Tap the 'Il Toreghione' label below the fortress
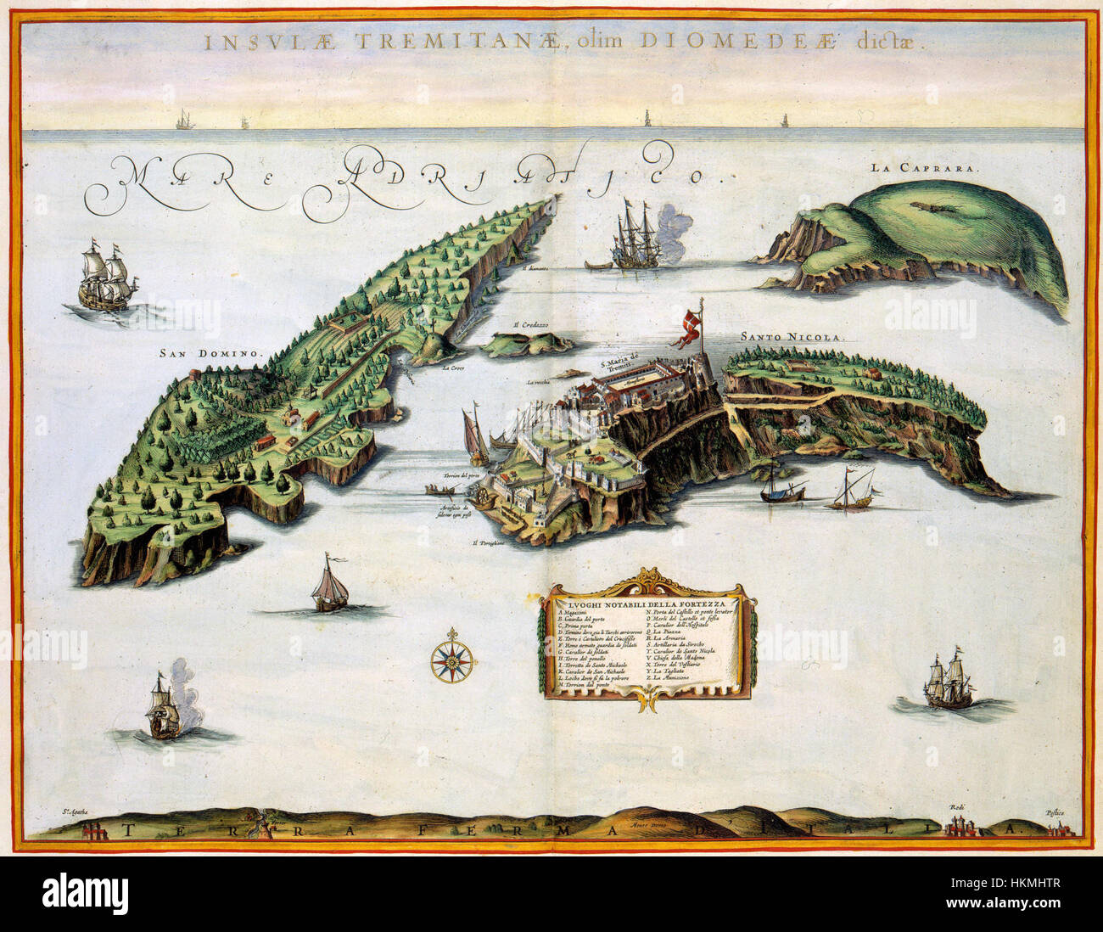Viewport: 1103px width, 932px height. (489, 541)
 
